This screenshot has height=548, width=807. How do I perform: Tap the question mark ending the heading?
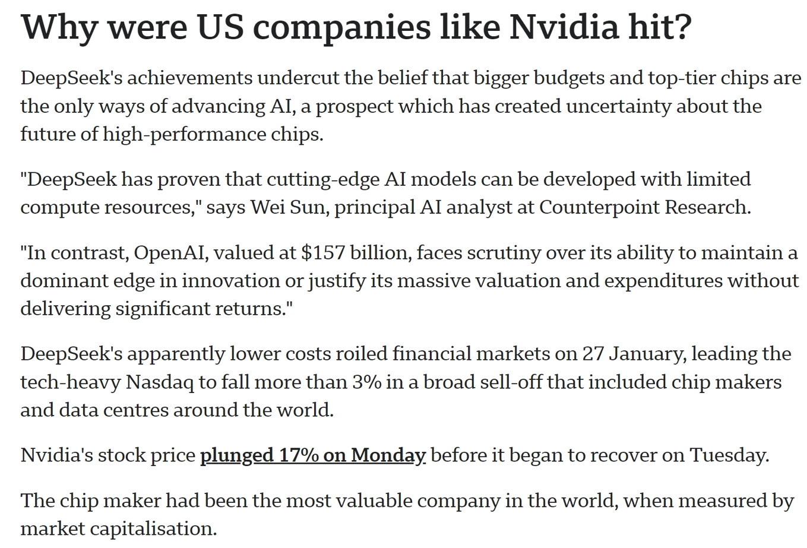click(682, 27)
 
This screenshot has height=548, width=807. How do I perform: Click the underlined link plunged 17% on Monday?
click(313, 455)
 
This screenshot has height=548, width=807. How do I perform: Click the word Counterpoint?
click(599, 207)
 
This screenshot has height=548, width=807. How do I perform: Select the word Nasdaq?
click(160, 382)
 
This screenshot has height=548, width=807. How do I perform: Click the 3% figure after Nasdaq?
click(366, 382)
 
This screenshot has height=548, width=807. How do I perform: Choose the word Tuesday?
click(729, 455)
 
